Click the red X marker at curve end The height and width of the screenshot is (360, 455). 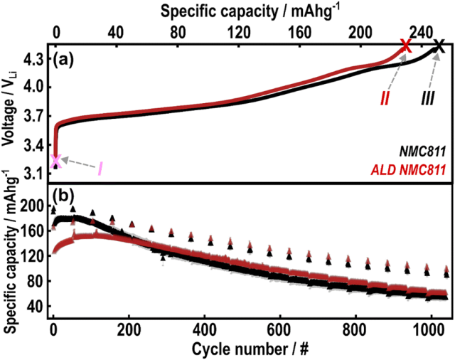coord(405,46)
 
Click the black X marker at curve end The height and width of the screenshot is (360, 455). coord(439,46)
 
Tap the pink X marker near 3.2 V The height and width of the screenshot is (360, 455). coord(55,162)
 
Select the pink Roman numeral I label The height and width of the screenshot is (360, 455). coord(101,169)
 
